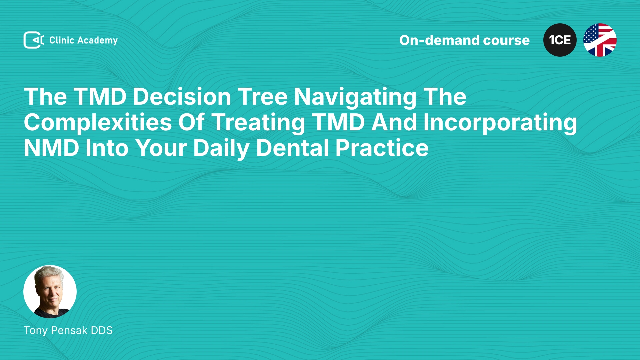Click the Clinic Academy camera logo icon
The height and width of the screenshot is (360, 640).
tap(34, 40)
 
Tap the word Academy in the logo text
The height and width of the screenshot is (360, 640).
tap(97, 41)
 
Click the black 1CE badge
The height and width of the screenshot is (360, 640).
tap(560, 40)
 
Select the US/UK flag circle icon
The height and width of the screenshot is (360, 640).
tap(600, 40)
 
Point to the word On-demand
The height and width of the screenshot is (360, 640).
tap(439, 40)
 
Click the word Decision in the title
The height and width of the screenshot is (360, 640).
tap(182, 97)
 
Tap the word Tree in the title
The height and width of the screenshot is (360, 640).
tap(263, 97)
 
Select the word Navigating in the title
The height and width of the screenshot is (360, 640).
tap(355, 97)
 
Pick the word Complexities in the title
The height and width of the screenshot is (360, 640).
tap(98, 123)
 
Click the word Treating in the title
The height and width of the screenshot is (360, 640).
tap(258, 123)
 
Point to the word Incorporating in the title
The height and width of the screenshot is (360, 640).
tap(500, 123)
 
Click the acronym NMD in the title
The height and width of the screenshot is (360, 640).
tap(51, 148)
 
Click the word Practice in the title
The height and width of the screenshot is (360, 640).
tap(382, 148)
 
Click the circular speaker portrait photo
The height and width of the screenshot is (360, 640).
tap(50, 292)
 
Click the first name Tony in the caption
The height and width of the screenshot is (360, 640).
tap(36, 331)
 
